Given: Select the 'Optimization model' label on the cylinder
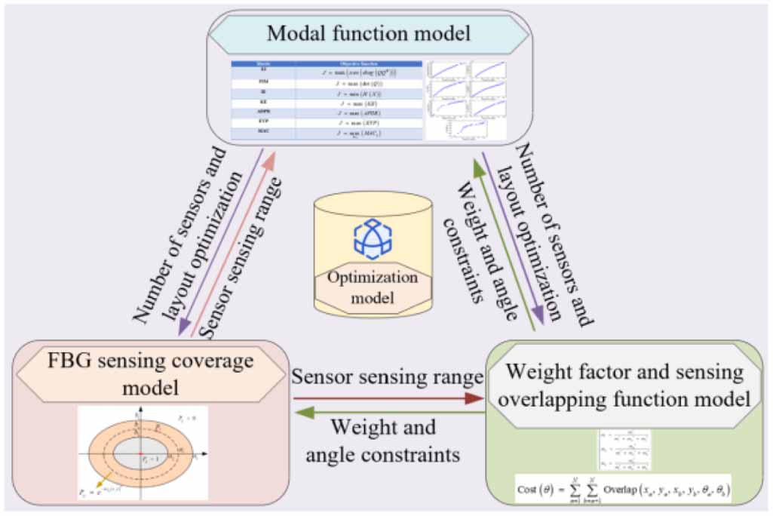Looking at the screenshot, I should pos(372,287).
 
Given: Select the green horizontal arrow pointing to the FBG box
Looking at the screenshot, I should pos(388,412).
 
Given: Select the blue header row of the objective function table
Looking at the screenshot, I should pos(327,64).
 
